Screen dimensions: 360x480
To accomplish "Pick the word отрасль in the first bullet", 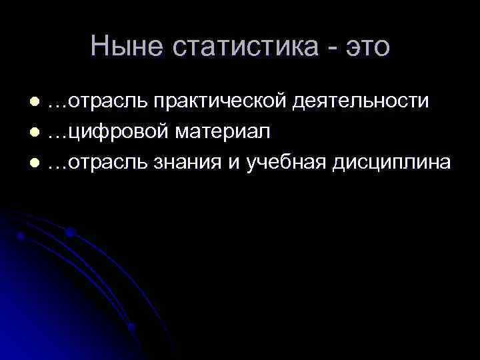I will click(107, 101).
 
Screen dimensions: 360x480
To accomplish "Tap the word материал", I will click(223, 132).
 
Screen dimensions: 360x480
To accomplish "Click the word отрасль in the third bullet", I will click(107, 163).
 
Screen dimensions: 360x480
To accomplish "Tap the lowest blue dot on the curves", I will click(131, 327).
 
